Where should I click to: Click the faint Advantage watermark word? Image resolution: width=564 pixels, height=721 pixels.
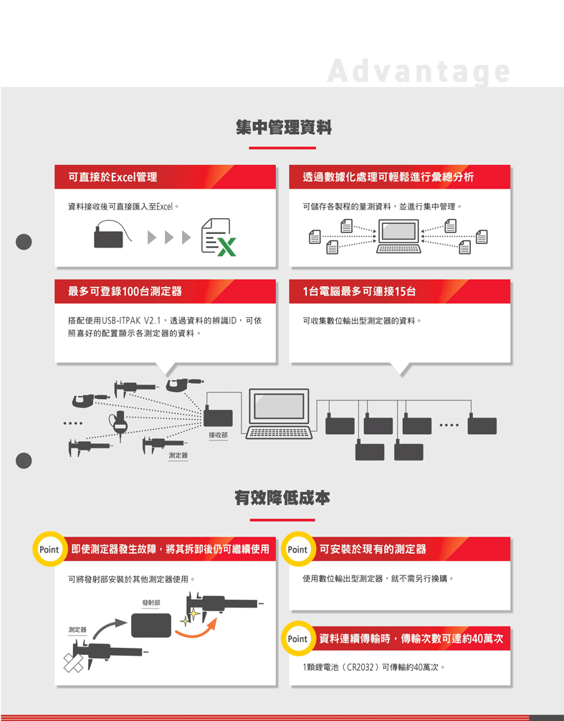click(x=419, y=71)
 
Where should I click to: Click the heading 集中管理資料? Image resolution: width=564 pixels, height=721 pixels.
click(x=283, y=128)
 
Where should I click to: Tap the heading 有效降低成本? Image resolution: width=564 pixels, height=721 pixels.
click(x=282, y=498)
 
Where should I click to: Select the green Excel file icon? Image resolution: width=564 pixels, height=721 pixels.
click(x=219, y=237)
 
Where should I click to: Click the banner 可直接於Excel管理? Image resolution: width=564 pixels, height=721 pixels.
click(x=113, y=177)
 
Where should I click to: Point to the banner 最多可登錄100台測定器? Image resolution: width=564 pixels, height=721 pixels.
click(x=125, y=291)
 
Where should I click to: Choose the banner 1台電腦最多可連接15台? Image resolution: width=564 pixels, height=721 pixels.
click(x=359, y=291)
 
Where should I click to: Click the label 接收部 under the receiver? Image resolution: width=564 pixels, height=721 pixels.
click(x=218, y=435)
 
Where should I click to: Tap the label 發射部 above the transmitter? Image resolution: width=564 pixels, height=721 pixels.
click(x=151, y=603)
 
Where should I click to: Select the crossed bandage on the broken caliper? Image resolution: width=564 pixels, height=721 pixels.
click(x=74, y=663)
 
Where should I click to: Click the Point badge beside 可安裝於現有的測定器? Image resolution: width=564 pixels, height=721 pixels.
click(x=297, y=549)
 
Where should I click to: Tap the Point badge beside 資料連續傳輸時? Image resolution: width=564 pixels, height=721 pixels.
click(x=297, y=638)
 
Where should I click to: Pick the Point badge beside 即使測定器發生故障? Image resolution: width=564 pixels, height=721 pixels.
click(x=49, y=549)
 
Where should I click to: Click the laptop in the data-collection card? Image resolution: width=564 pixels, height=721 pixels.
click(x=398, y=236)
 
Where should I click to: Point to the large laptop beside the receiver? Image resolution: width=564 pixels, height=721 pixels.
click(x=279, y=414)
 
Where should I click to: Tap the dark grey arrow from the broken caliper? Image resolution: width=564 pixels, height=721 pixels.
click(x=110, y=628)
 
